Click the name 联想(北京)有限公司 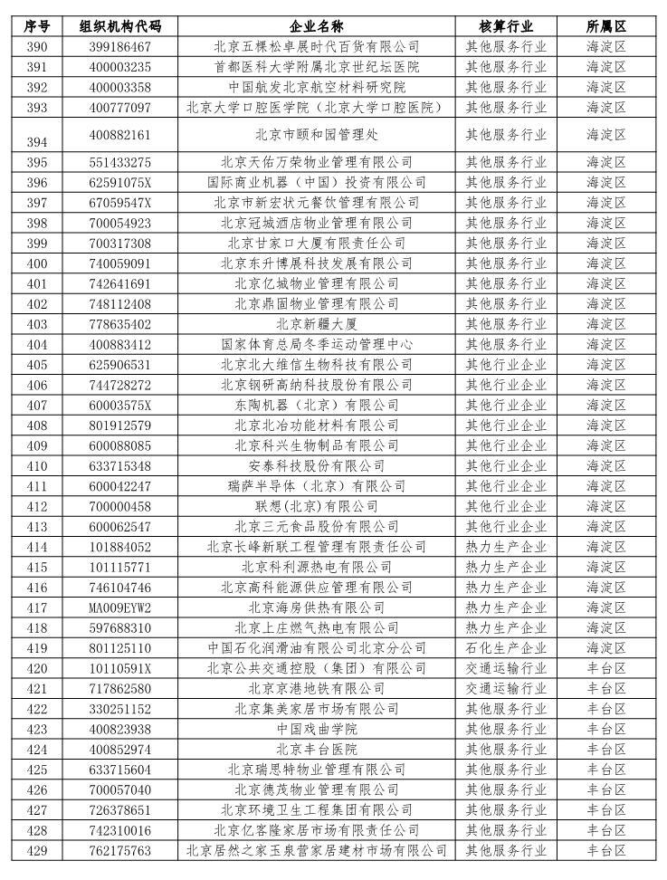pos(316,506)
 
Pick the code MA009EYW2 pos(121,607)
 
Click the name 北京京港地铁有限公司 pos(316,689)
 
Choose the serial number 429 pos(37,851)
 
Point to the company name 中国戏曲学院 pos(316,729)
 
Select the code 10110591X pos(121,668)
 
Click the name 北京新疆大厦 pos(316,323)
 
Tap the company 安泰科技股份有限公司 pos(316,465)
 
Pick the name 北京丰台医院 pos(316,750)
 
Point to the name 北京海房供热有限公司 pos(316,607)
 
